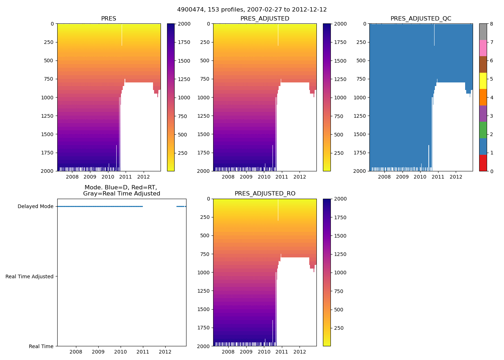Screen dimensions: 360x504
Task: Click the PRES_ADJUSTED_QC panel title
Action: click(421, 19)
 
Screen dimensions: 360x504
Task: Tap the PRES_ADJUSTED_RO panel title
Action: click(265, 194)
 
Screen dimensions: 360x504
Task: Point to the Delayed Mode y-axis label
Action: click(35, 207)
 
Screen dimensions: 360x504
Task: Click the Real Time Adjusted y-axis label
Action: click(30, 276)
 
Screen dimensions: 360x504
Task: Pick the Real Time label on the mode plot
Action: click(41, 346)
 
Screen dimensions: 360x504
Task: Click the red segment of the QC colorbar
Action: click(483, 163)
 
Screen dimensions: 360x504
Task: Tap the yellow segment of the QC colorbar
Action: click(483, 81)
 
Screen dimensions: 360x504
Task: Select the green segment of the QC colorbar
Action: click(483, 130)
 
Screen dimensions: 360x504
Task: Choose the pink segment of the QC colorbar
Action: click(483, 48)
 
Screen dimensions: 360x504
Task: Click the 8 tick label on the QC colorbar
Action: click(491, 24)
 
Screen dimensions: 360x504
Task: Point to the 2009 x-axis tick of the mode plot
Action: click(98, 352)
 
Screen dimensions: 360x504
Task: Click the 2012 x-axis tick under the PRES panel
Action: click(143, 177)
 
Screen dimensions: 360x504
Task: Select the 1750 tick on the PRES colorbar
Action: click(184, 42)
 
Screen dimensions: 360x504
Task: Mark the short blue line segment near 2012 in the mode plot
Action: click(180, 206)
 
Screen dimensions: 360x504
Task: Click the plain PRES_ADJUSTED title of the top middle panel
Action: click(265, 19)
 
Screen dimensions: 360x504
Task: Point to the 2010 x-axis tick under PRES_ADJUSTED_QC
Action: click(420, 177)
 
